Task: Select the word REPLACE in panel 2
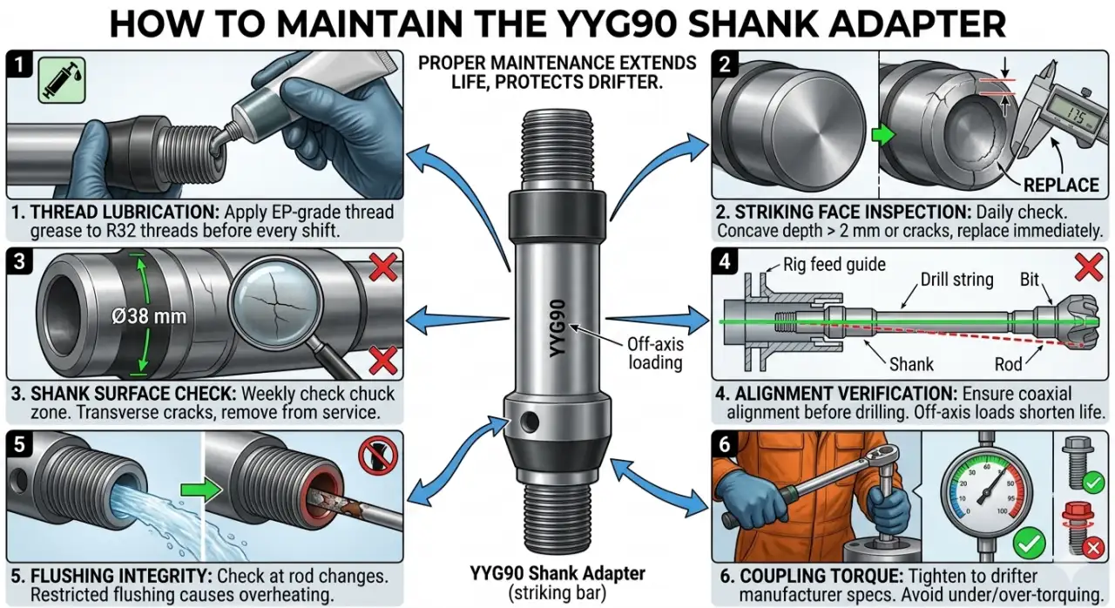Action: point(1060,186)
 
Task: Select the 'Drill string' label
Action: point(956,280)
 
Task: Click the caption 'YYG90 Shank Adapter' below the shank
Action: point(557,573)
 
